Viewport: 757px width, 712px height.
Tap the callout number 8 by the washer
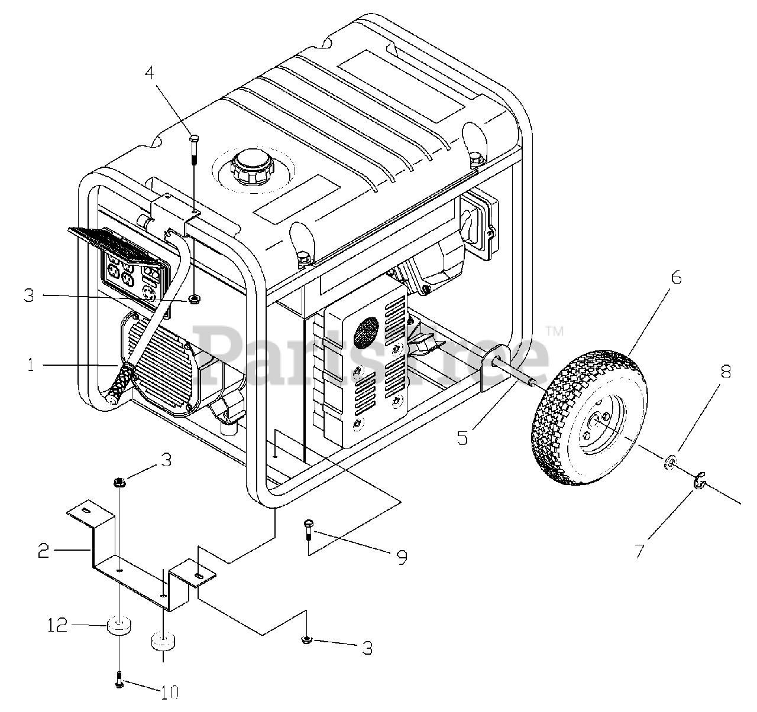click(726, 372)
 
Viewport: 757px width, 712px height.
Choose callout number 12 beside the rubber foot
click(59, 625)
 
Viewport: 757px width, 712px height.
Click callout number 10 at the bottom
click(169, 692)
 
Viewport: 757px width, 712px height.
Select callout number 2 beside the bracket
click(43, 552)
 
